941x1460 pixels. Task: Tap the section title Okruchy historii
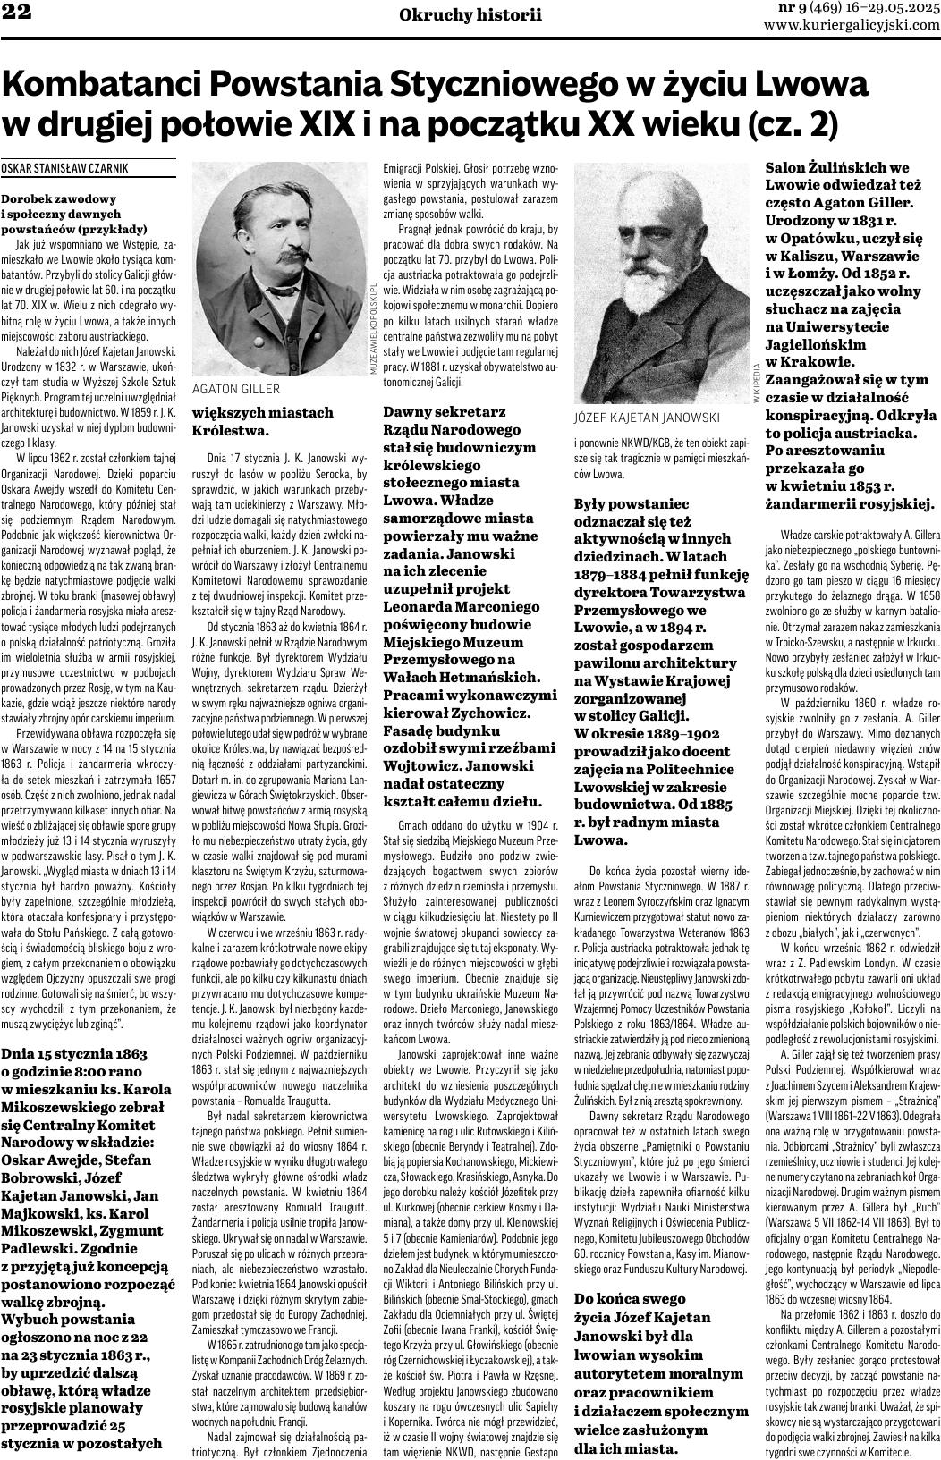point(470,14)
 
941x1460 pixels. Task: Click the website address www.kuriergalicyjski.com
point(852,25)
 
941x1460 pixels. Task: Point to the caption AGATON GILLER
point(236,389)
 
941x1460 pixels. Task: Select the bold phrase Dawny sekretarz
point(445,411)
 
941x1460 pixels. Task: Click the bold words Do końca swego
point(630,1297)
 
